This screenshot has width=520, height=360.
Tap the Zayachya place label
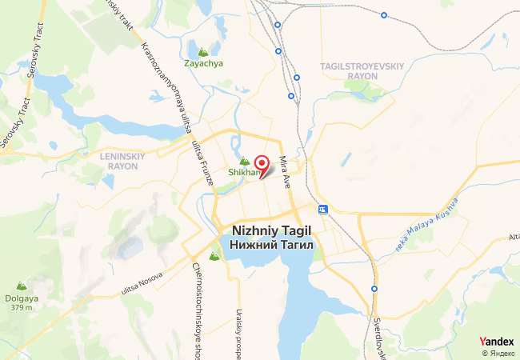[x=203, y=63]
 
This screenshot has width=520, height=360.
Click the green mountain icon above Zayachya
[x=214, y=51]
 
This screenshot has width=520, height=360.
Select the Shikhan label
[x=244, y=172]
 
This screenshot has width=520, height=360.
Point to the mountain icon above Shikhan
[x=245, y=161]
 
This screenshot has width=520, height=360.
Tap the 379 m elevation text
[x=22, y=307]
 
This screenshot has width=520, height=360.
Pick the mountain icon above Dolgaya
[x=22, y=286]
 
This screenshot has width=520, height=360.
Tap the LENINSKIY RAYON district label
[x=121, y=161]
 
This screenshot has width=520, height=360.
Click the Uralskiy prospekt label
[x=238, y=332]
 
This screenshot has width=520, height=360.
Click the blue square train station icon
[x=323, y=210]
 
